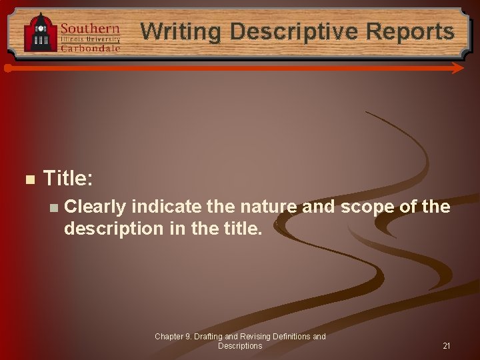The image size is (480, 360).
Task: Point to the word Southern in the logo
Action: tap(90, 29)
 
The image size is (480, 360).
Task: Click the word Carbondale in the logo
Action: tap(90, 48)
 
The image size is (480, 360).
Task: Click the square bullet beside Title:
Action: tap(29, 179)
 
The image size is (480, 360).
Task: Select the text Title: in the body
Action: tap(68, 178)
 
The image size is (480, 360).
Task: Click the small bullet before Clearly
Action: tap(53, 208)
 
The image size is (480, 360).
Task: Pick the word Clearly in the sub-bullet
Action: tap(95, 207)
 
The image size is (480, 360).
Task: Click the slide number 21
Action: tap(447, 346)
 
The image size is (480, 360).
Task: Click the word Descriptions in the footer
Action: tap(240, 346)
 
